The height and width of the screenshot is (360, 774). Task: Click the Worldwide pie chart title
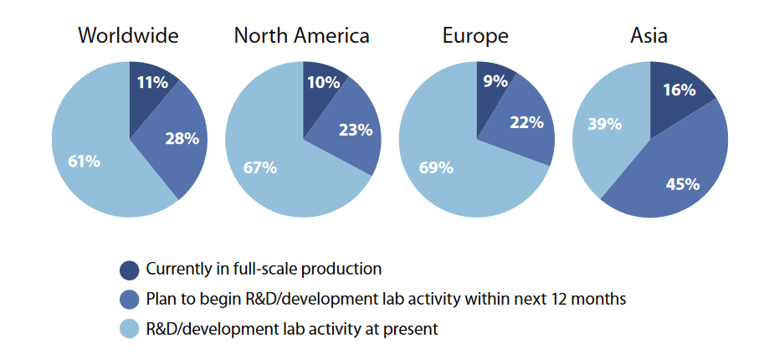128,36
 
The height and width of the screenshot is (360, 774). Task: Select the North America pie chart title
301,36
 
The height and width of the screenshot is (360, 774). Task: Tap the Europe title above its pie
475,36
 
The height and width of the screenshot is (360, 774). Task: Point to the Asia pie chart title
648,36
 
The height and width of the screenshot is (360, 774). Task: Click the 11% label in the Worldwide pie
153,82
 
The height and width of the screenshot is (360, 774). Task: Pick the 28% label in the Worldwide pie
182,138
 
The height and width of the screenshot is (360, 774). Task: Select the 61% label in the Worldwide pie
84,161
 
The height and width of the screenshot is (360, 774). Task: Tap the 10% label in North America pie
324,82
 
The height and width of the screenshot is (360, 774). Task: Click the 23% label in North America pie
355,130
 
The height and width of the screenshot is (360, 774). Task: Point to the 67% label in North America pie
260,167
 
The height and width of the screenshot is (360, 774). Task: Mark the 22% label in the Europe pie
527,122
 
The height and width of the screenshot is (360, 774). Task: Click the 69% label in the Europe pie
436,167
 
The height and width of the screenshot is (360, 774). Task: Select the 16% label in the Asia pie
679,90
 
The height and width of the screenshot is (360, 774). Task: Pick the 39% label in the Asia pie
605,124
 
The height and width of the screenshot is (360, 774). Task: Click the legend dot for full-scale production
130,270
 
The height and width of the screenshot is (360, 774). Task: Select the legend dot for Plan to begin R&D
130,300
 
